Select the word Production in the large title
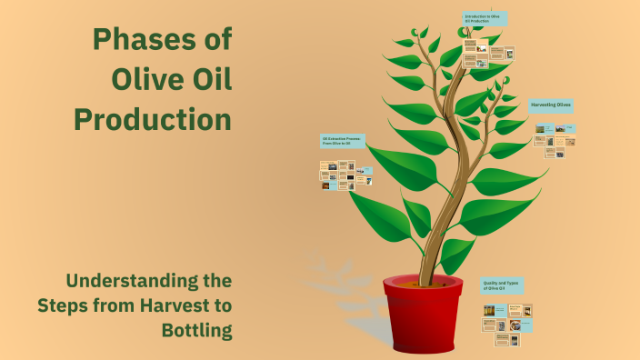pyautogui.click(x=152, y=118)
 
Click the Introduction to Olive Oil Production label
pyautogui.click(x=484, y=18)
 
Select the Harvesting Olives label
pyautogui.click(x=551, y=105)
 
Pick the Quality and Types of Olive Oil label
pyautogui.click(x=501, y=285)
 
